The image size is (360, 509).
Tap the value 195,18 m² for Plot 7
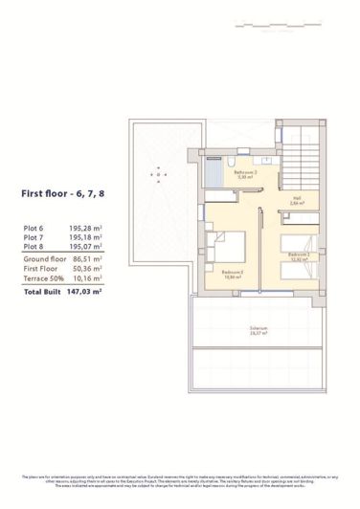pos(86,236)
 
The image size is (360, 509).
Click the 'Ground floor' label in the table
pos(43,258)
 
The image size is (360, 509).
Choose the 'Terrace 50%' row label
pos(42,278)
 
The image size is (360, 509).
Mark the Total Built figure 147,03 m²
pos(84,291)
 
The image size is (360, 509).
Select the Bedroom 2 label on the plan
pos(233,273)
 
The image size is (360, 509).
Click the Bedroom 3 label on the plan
pos(299,257)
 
